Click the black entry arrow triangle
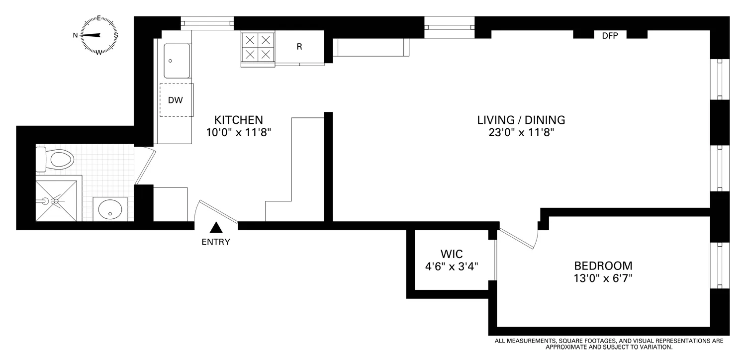(x=215, y=228)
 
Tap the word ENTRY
(x=216, y=243)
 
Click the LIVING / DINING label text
(x=521, y=120)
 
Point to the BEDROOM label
(x=603, y=265)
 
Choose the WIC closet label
(x=452, y=253)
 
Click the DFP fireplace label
(x=610, y=35)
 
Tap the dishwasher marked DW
(x=176, y=100)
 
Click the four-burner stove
(x=258, y=47)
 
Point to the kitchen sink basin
(x=177, y=61)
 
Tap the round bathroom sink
(x=110, y=209)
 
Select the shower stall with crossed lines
(x=56, y=200)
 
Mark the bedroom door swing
(x=520, y=239)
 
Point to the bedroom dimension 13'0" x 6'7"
(x=603, y=278)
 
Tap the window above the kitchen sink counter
(x=207, y=22)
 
